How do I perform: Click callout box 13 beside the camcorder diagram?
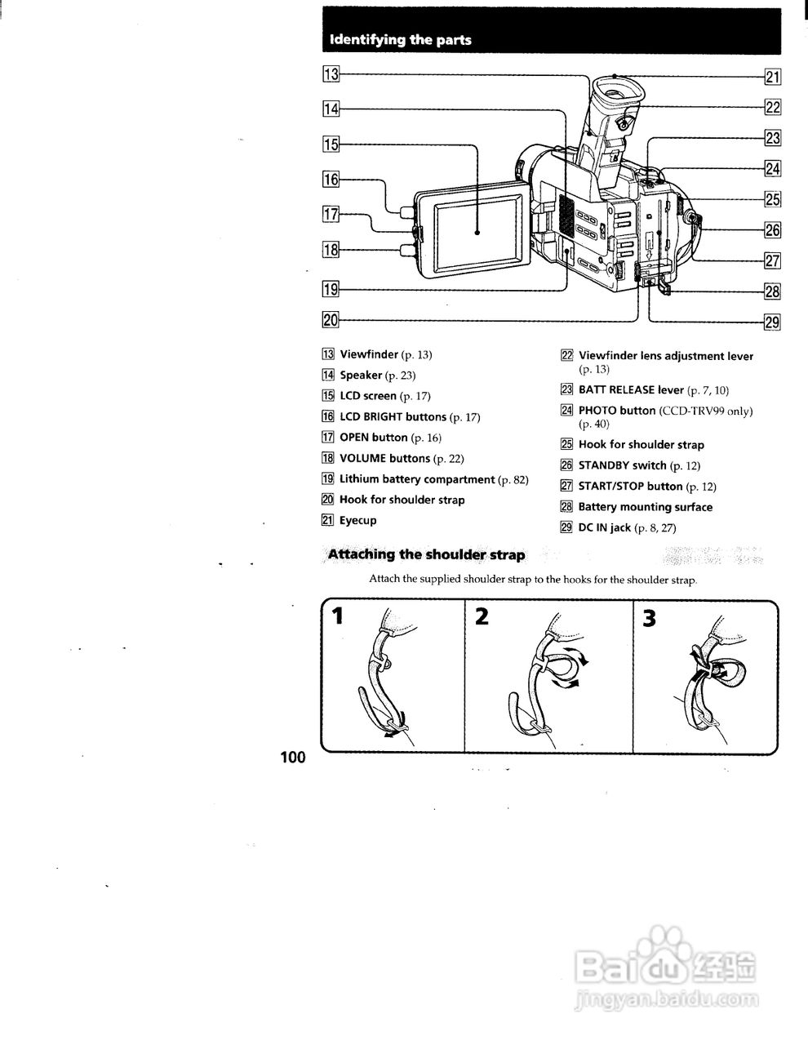point(331,75)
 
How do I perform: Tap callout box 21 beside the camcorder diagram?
point(772,78)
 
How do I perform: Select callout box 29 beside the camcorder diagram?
point(772,322)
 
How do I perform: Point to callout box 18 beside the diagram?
point(331,251)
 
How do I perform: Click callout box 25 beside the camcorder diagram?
point(772,199)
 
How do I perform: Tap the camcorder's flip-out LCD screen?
point(476,233)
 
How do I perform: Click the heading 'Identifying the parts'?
point(400,40)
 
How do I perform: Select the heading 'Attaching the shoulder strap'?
point(425,555)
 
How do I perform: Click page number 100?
point(292,757)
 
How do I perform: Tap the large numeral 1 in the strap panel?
point(336,618)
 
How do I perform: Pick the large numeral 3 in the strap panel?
point(650,619)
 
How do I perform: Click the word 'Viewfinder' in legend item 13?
point(369,354)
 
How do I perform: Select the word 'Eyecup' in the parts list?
point(357,520)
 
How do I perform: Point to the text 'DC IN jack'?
point(604,527)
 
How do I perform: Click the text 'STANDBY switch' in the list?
point(622,465)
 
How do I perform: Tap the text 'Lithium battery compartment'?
point(417,479)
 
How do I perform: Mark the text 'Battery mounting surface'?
point(645,507)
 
